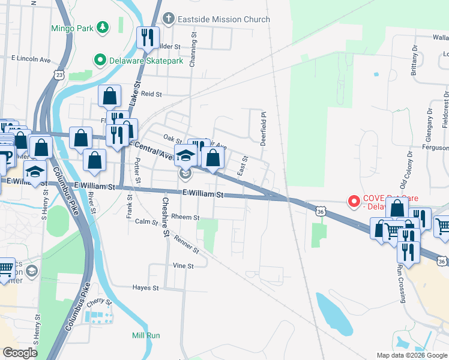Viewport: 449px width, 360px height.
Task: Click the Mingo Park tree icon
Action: (x=103, y=28)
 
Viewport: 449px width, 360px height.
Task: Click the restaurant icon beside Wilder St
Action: (x=147, y=38)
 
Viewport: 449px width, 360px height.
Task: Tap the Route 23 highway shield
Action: (x=58, y=74)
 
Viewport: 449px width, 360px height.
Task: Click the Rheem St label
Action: (x=185, y=217)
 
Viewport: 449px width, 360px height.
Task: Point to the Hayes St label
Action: (x=145, y=288)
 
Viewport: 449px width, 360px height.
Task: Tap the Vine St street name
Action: (x=183, y=266)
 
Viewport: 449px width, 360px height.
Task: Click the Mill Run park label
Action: (x=146, y=335)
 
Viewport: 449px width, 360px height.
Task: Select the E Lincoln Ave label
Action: (x=31, y=59)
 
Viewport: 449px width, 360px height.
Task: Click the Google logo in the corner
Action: (x=20, y=353)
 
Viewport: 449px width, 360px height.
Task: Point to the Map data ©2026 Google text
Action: (x=411, y=355)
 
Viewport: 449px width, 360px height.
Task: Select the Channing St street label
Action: (x=193, y=50)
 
